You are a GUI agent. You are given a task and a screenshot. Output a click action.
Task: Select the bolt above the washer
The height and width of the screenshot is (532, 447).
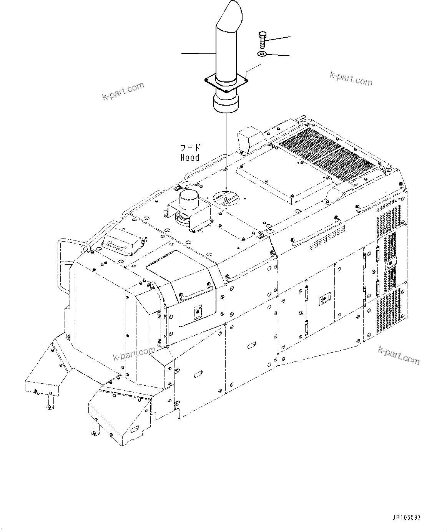[x=261, y=38]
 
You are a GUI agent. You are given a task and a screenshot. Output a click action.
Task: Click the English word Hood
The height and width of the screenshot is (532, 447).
[x=190, y=158]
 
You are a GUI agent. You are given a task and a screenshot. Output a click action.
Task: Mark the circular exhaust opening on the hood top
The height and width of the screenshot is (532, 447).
[x=226, y=198]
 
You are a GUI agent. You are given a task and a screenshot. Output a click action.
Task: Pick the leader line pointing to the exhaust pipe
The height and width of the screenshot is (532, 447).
[x=198, y=54]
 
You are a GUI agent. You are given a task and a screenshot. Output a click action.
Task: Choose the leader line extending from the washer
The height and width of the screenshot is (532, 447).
[x=278, y=55]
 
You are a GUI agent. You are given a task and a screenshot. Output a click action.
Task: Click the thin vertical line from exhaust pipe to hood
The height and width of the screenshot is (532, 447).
[x=227, y=150]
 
